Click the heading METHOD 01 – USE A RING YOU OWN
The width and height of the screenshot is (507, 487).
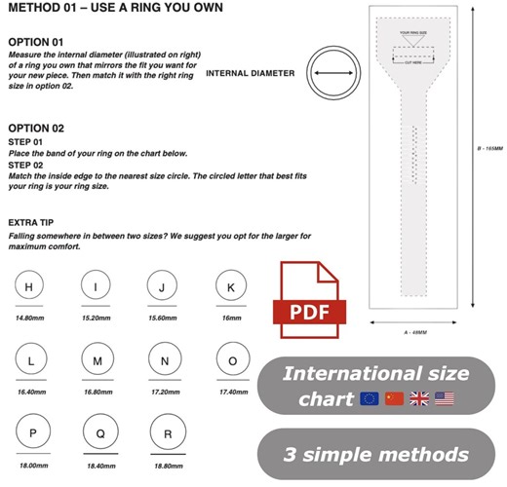point(115,9)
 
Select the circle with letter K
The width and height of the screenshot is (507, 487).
point(230,287)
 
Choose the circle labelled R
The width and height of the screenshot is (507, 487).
point(164,433)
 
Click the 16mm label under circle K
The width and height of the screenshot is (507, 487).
point(230,318)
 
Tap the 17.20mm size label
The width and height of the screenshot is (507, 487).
point(164,391)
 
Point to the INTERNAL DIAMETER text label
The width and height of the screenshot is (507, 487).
point(251,72)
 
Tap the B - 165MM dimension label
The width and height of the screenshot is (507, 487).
point(488,148)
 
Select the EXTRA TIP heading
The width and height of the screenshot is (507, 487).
point(33,223)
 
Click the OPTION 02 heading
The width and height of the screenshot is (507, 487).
point(36,129)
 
